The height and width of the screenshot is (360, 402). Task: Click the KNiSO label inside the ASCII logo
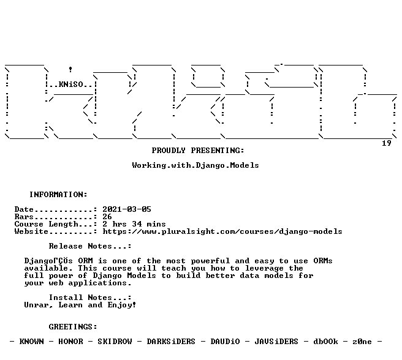[70, 84]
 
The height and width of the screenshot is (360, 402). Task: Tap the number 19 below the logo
[387, 143]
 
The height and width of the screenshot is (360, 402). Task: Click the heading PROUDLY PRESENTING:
[198, 151]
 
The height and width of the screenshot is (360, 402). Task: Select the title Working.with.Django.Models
[195, 165]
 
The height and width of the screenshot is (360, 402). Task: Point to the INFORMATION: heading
[58, 195]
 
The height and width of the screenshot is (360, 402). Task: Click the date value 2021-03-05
[127, 209]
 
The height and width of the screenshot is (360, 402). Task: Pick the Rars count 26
[107, 217]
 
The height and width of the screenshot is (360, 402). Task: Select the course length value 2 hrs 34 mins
[134, 224]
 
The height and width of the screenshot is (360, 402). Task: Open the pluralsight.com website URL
[222, 231]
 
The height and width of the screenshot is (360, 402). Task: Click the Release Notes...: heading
[90, 246]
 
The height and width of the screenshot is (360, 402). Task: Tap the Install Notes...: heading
[90, 298]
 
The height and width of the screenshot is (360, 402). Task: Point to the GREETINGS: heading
[73, 327]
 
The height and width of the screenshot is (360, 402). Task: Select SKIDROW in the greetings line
[115, 342]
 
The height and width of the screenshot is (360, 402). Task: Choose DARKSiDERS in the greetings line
[171, 342]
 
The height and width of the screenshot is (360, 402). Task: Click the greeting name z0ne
[362, 342]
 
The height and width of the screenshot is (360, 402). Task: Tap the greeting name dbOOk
[325, 342]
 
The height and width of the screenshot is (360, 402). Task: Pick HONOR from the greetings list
[70, 342]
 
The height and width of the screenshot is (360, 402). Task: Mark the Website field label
[31, 231]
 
